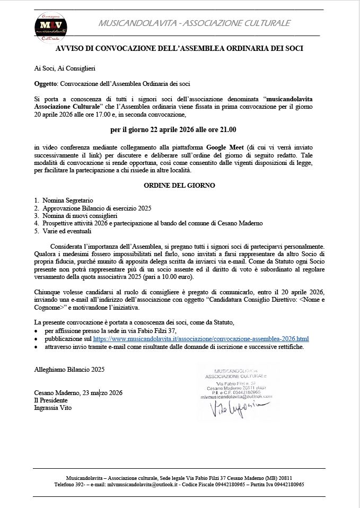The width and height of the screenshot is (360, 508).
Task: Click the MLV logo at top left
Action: pos(51,24)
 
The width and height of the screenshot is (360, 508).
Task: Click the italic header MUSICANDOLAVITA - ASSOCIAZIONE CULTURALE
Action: pos(194,23)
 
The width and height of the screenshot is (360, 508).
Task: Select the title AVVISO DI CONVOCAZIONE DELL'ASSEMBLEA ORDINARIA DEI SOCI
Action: pos(179,48)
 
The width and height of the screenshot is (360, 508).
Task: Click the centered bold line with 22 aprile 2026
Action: pos(173,129)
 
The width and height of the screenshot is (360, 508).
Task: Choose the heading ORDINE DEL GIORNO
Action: pos(179,186)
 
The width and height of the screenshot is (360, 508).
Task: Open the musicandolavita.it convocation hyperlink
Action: pos(200,338)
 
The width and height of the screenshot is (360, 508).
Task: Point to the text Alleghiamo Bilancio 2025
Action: pos(69,369)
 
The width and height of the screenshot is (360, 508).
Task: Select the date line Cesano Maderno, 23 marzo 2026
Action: pos(78,393)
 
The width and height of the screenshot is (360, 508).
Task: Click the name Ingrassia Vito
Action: pos(52,408)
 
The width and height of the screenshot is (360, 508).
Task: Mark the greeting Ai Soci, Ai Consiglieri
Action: pos(65,68)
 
